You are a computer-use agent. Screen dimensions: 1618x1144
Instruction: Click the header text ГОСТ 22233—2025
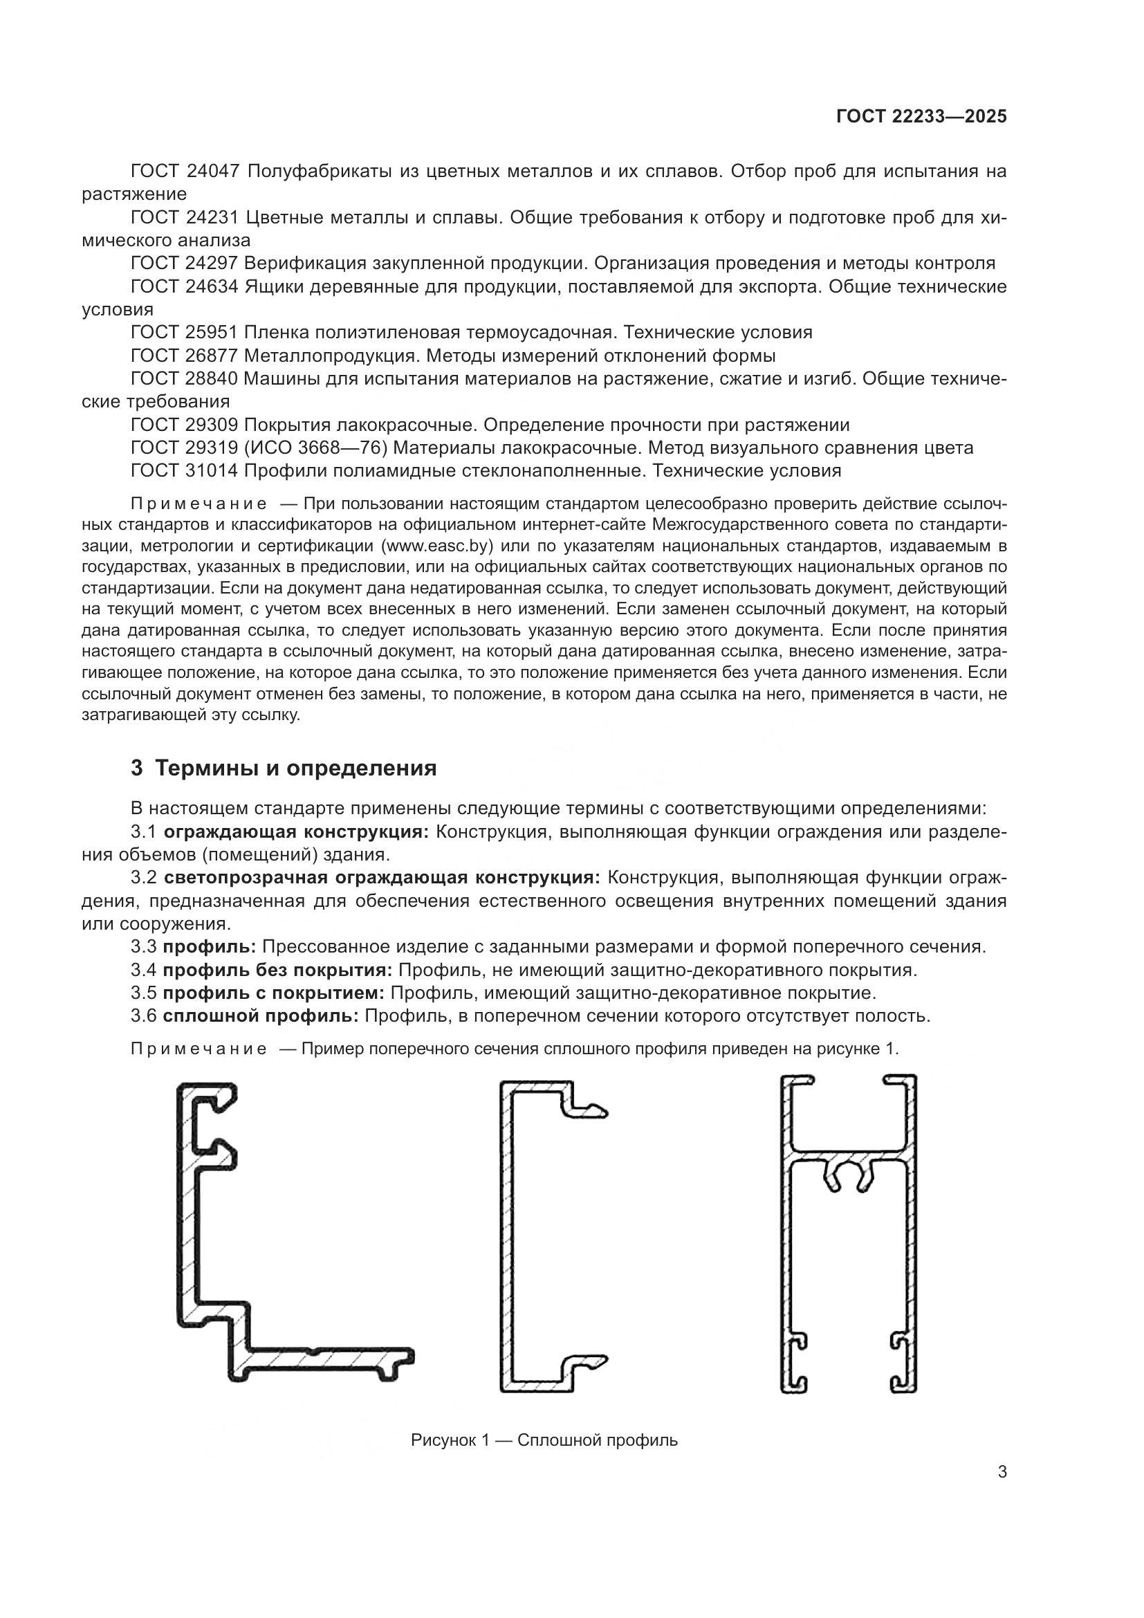[x=921, y=117]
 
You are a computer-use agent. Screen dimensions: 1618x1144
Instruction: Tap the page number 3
[x=1002, y=1472]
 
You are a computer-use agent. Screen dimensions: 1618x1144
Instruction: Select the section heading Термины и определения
[x=296, y=768]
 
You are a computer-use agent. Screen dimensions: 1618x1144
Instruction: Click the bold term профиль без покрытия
[x=277, y=971]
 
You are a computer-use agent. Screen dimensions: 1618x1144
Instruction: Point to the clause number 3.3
[x=144, y=947]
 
